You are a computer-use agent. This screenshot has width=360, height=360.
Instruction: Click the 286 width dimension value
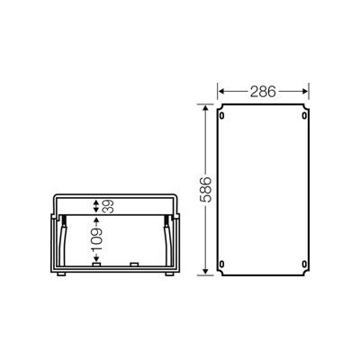click(x=263, y=92)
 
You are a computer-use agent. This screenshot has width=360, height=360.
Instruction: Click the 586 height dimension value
click(x=206, y=190)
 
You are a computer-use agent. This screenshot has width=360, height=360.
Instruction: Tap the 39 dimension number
click(x=107, y=206)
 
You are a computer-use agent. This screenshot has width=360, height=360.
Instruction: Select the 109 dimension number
click(x=96, y=241)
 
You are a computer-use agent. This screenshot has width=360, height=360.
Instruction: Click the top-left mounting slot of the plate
click(x=221, y=115)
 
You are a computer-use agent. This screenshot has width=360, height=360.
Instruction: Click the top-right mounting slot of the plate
click(x=304, y=115)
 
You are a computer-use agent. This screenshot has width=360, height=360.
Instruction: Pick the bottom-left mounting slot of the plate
click(x=221, y=264)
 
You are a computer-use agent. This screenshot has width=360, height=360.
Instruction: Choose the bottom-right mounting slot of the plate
click(x=304, y=264)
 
